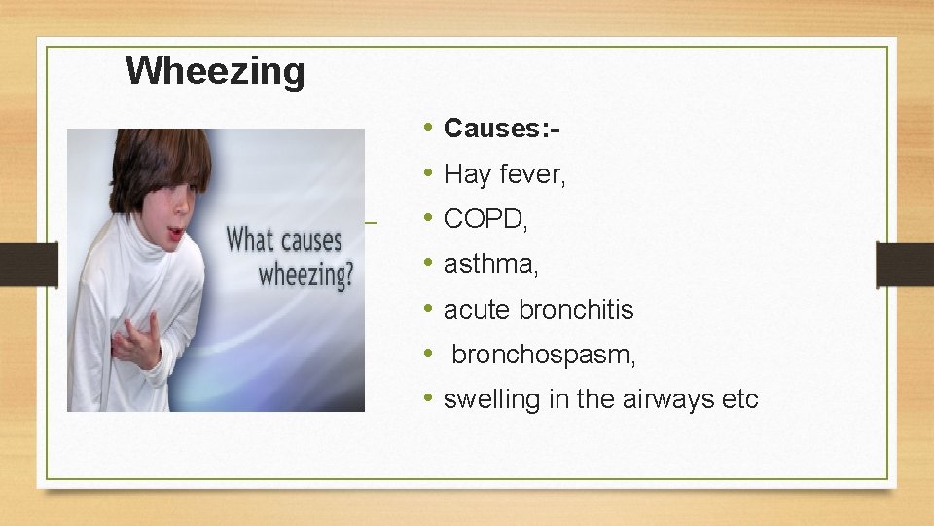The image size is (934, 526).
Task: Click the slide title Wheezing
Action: coord(215,70)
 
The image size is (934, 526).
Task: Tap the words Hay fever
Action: coord(504,174)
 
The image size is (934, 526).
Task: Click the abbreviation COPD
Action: coord(483,220)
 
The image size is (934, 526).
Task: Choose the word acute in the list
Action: coord(478,310)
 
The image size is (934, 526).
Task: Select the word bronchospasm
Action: coord(542,356)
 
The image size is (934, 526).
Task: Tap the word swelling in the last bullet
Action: coord(486,399)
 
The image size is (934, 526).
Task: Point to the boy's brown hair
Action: coord(156,156)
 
